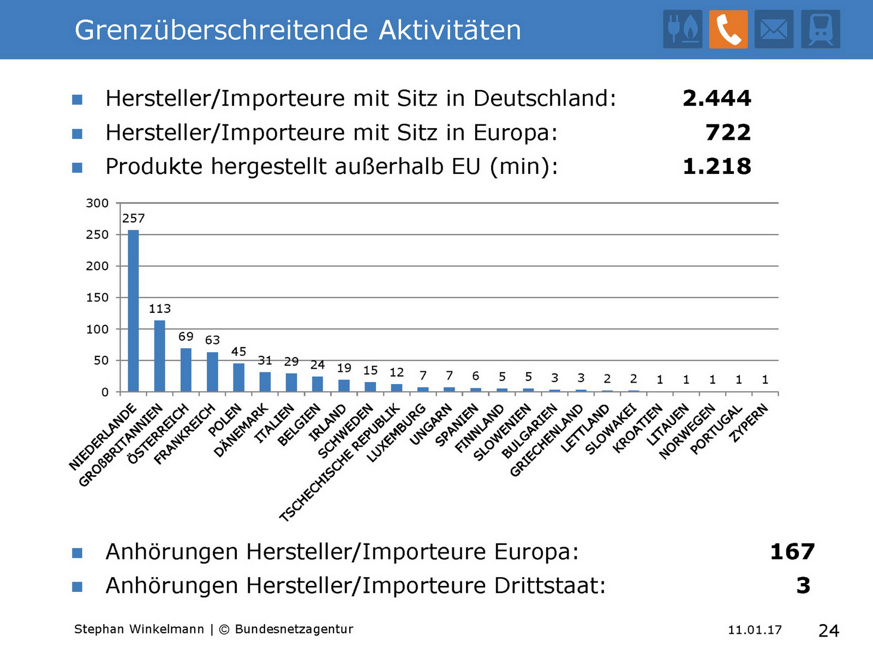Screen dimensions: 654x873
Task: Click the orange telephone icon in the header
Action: click(728, 29)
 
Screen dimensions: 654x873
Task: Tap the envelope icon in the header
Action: click(774, 29)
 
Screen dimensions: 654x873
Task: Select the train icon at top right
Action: click(820, 29)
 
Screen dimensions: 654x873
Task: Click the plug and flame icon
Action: click(683, 29)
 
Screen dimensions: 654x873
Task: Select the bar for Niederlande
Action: click(133, 311)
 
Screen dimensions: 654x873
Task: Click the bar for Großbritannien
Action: click(159, 356)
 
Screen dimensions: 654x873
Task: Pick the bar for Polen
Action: click(238, 377)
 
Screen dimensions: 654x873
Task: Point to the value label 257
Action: click(133, 219)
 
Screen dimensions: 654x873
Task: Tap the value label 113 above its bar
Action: click(159, 309)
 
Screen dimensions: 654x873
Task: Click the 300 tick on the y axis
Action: click(97, 203)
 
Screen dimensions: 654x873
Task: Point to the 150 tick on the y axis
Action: click(97, 298)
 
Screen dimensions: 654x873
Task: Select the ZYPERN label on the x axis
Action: click(750, 423)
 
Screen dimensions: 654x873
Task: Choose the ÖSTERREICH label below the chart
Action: click(158, 434)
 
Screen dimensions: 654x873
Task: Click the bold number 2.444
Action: click(716, 99)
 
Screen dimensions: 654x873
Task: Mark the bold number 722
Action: click(728, 132)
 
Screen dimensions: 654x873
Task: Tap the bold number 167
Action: click(792, 552)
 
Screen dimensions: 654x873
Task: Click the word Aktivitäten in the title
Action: click(450, 30)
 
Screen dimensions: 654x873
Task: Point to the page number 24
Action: click(828, 631)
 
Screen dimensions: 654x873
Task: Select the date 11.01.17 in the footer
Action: click(755, 630)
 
